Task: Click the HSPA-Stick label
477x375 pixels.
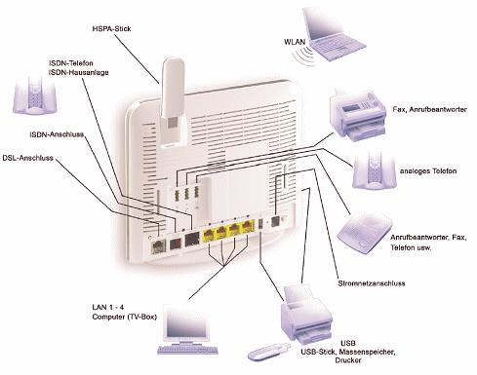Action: click(111, 29)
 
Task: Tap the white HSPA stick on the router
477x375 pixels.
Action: click(173, 102)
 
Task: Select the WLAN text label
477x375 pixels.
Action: click(295, 42)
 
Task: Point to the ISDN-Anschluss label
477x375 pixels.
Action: click(57, 134)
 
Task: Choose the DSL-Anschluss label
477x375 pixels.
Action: click(27, 158)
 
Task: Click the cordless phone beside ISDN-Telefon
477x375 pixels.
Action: click(35, 95)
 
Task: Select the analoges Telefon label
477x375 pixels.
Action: click(428, 171)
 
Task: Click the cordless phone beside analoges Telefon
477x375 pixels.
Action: click(375, 170)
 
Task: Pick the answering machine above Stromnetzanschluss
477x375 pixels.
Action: click(365, 233)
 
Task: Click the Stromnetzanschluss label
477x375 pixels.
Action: click(372, 283)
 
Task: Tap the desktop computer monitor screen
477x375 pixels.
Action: click(186, 322)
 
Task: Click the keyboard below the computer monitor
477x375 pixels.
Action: click(187, 350)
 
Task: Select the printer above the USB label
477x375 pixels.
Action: click(306, 315)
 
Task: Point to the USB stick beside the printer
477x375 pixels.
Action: click(268, 352)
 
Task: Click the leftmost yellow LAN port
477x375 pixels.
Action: click(209, 234)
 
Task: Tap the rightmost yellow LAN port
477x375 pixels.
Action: click(248, 226)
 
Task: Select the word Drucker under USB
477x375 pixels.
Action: click(348, 360)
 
